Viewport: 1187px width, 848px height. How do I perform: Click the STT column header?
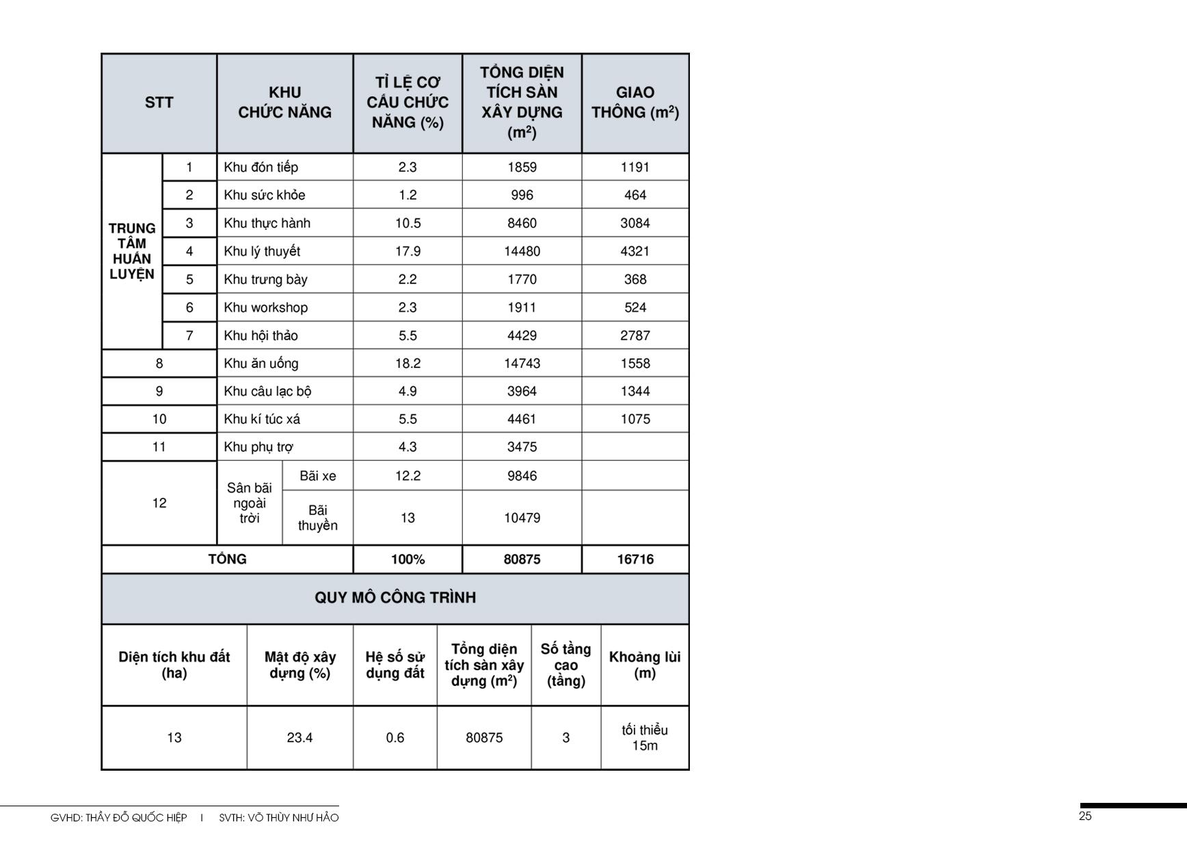[x=159, y=103]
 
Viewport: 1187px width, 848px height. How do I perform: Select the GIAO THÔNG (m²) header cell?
[x=635, y=103]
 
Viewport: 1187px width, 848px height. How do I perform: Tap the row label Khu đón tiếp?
[x=261, y=168]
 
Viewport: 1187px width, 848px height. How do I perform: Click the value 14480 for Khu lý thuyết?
[x=522, y=252]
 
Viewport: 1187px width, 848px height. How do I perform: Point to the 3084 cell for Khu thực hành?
[x=635, y=224]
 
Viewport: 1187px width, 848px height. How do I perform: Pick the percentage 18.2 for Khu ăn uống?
[x=408, y=364]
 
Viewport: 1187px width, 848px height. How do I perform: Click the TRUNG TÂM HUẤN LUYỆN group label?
[x=132, y=251]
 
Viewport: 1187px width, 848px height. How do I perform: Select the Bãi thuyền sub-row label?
[x=317, y=518]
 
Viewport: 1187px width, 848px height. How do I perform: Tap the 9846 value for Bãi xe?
[x=522, y=476]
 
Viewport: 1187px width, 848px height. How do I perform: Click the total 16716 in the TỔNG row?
[x=635, y=559]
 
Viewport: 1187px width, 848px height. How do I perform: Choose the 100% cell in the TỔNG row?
[x=408, y=559]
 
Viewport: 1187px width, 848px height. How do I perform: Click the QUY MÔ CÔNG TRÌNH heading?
[x=395, y=598]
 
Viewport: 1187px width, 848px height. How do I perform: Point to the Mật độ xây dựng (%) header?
[x=299, y=665]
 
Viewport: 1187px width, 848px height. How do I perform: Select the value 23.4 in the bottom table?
[x=299, y=738]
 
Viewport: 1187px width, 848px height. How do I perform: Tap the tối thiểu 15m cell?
[x=644, y=738]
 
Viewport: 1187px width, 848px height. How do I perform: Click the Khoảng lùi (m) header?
[x=644, y=665]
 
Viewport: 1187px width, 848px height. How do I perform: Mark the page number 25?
[x=1085, y=817]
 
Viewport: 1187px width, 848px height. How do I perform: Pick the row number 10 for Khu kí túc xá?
[x=159, y=419]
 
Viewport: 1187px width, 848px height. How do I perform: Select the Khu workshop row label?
[x=265, y=308]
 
